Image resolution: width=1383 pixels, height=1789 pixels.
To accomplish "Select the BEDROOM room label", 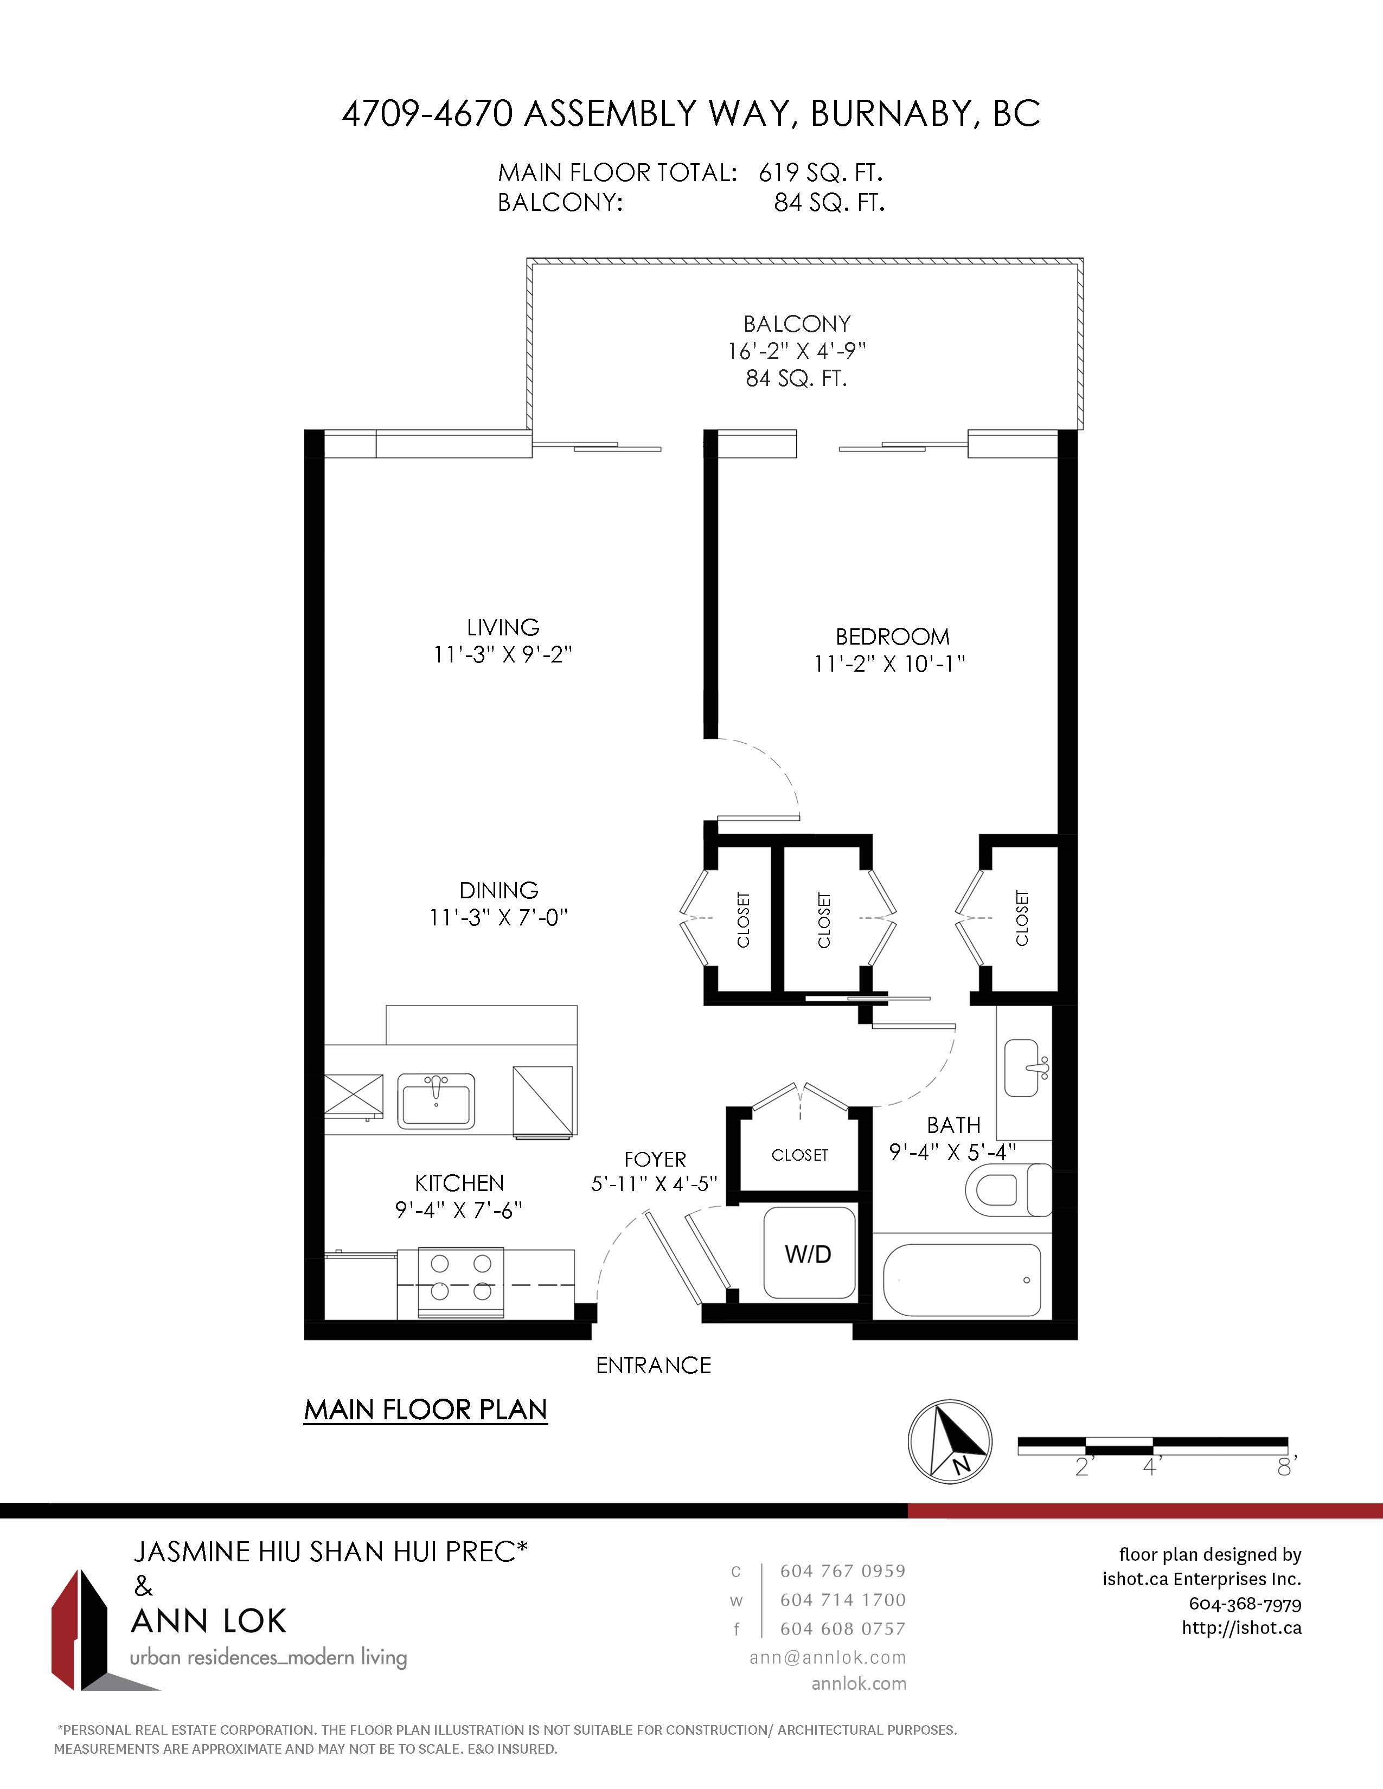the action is tap(892, 636).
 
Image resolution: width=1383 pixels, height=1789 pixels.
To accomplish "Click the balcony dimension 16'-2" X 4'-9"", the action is tap(796, 351).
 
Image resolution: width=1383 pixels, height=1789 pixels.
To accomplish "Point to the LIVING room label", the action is tap(503, 627).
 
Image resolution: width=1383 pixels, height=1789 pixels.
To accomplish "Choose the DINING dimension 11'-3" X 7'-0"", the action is tap(498, 917).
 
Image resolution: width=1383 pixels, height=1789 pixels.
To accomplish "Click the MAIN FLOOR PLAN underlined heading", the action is tap(425, 1410).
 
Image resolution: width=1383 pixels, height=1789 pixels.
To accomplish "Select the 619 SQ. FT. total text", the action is tap(820, 173).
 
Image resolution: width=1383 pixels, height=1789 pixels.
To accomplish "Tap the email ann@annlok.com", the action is tap(828, 1657).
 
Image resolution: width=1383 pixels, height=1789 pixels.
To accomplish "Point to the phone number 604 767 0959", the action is tap(842, 1571).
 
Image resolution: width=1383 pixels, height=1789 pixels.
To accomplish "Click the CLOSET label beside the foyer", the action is tap(799, 1155).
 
